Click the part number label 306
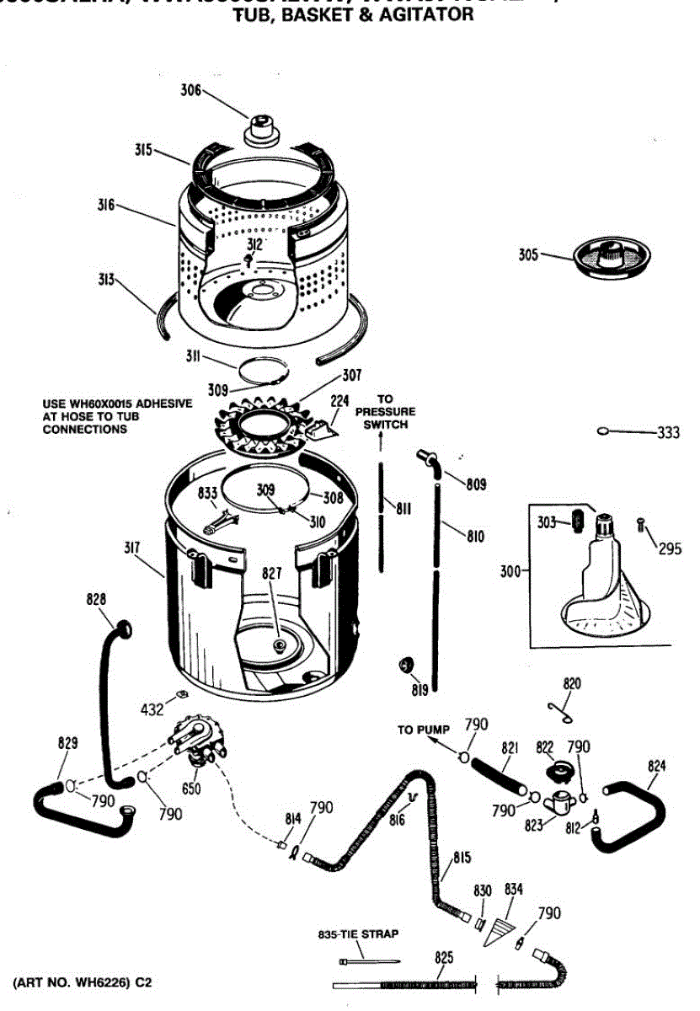(x=191, y=90)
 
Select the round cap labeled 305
(x=608, y=255)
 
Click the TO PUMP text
(x=424, y=730)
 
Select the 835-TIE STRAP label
(x=358, y=933)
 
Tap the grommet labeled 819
(x=407, y=667)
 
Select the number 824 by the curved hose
(x=657, y=766)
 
